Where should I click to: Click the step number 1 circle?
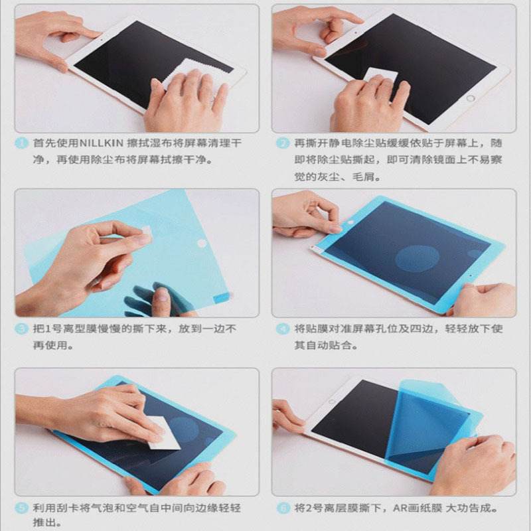click(x=22, y=143)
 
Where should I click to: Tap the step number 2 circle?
click(x=282, y=143)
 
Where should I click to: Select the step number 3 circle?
click(x=22, y=329)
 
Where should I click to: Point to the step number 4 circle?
click(x=282, y=329)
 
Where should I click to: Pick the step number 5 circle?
click(x=22, y=508)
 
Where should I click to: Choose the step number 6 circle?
click(x=282, y=508)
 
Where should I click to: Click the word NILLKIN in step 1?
click(x=101, y=143)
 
